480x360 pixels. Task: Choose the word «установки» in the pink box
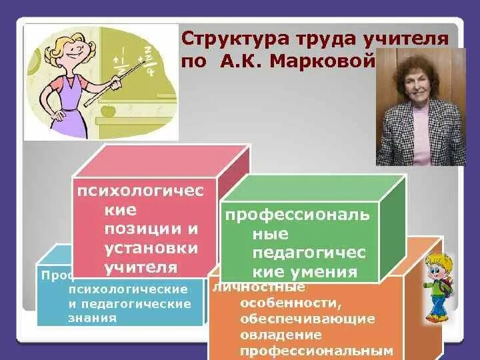(151, 249)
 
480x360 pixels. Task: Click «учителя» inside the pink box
(141, 267)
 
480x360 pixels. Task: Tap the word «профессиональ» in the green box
(297, 216)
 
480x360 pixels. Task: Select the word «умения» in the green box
(327, 272)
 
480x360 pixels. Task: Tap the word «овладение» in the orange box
(281, 335)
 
